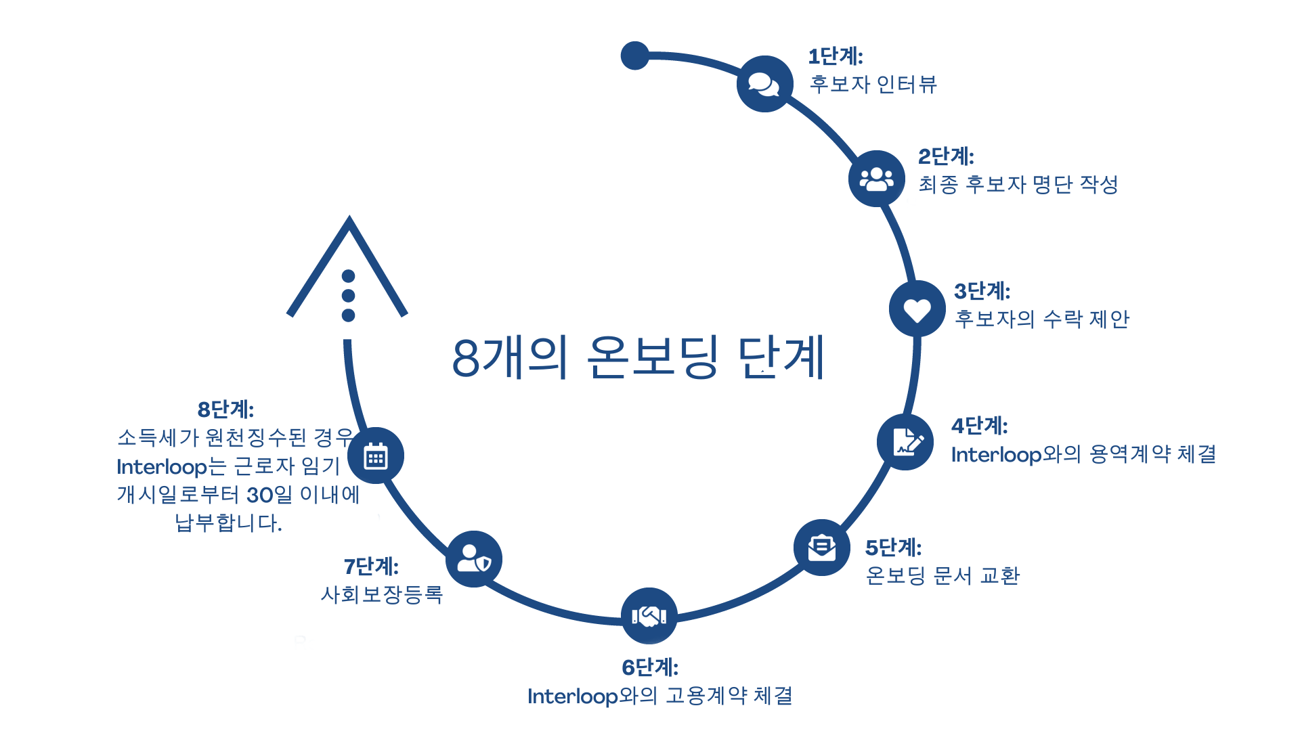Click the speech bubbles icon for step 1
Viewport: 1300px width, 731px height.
point(764,84)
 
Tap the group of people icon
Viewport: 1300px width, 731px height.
point(877,179)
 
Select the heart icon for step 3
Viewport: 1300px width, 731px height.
point(917,309)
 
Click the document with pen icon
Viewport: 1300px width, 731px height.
point(905,442)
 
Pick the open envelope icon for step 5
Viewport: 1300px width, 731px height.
point(821,548)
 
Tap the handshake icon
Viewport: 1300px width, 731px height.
point(649,616)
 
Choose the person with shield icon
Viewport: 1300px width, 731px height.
point(474,559)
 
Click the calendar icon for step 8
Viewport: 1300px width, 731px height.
point(376,456)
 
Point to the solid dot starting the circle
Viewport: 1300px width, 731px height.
point(634,56)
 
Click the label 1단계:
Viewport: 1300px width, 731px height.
point(836,56)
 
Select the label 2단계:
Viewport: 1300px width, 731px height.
point(946,156)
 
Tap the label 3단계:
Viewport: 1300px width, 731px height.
point(982,291)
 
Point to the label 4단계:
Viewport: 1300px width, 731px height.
point(979,426)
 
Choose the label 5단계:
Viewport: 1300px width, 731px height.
point(893,547)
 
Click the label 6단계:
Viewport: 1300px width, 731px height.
point(649,667)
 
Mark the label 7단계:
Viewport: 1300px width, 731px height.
point(370,566)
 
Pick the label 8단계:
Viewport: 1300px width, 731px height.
point(225,409)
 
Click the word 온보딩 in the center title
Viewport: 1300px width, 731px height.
point(651,357)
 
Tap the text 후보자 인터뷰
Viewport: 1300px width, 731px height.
point(873,84)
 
